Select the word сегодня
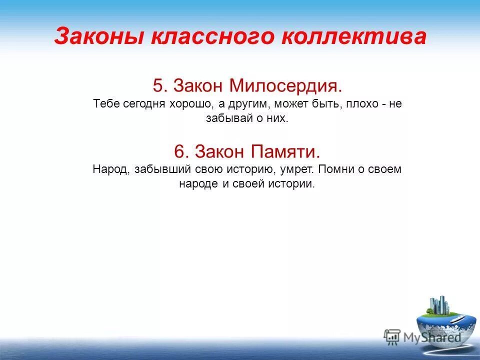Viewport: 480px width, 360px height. coord(142,104)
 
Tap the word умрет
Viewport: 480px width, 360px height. coord(293,169)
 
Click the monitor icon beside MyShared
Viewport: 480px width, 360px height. coord(392,336)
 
